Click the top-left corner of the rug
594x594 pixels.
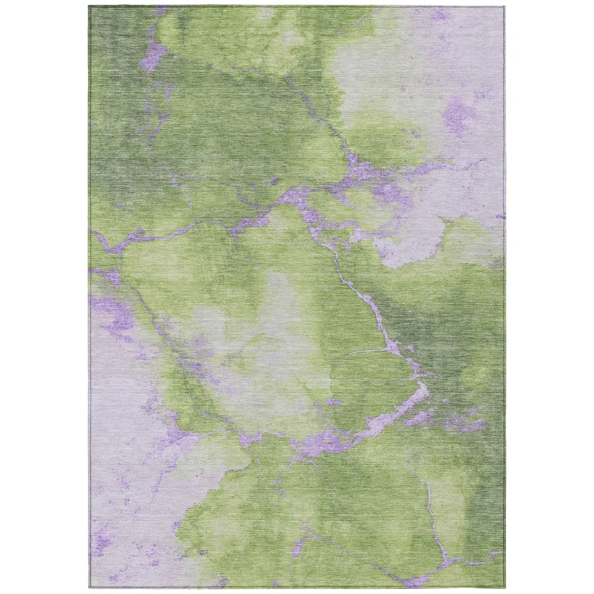pyautogui.click(x=90, y=7)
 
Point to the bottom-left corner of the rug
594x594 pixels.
pyautogui.click(x=90, y=589)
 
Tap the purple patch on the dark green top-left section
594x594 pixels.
pyautogui.click(x=153, y=55)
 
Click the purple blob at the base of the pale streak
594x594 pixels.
pyautogui.click(x=324, y=443)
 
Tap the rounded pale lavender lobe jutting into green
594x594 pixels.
pyautogui.click(x=416, y=244)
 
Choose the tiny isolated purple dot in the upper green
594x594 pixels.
pyautogui.click(x=274, y=180)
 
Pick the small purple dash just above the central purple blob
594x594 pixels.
pyautogui.click(x=334, y=402)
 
